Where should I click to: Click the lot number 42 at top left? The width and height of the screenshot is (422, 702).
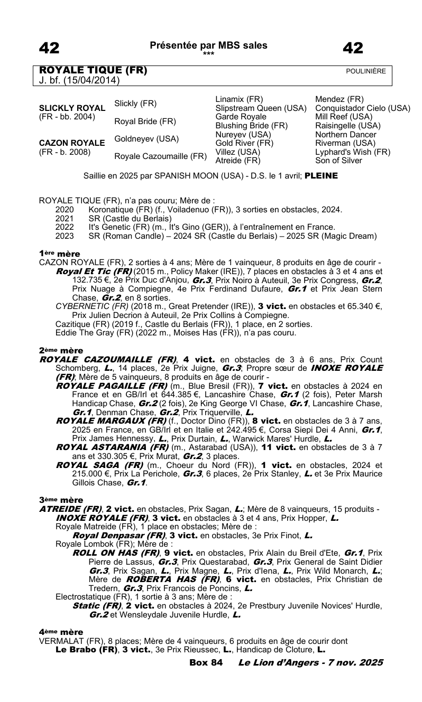pyautogui.click(x=49, y=49)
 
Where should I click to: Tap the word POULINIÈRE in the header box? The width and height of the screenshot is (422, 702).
pyautogui.click(x=366, y=71)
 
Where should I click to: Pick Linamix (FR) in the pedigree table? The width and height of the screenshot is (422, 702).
pyautogui.click(x=239, y=99)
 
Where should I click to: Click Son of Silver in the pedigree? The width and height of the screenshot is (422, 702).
pyautogui.click(x=338, y=160)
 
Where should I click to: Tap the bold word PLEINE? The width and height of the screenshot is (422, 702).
pyautogui.click(x=321, y=176)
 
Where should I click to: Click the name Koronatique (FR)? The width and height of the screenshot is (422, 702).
pyautogui.click(x=117, y=210)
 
